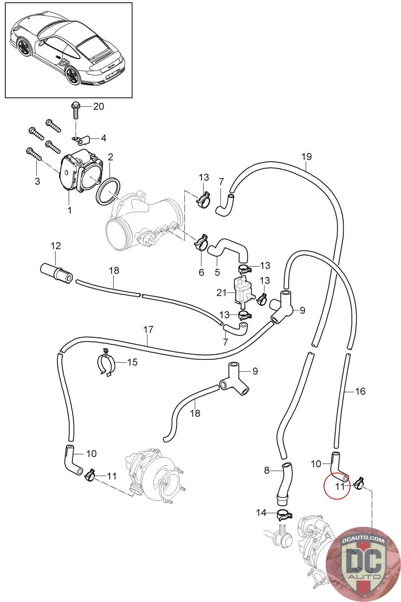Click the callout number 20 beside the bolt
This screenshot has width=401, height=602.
tap(98, 106)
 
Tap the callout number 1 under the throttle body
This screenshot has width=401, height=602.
tap(70, 210)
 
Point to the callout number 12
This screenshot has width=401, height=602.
tap(56, 246)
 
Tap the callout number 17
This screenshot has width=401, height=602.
tap(148, 329)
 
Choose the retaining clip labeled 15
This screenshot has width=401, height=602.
tap(106, 362)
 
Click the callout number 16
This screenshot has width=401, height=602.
tap(360, 391)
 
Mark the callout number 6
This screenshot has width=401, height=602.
tap(201, 272)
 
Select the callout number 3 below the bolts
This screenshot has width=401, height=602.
tap(37, 181)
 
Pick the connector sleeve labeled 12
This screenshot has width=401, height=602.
tap(56, 273)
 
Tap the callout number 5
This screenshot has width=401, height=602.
tap(217, 272)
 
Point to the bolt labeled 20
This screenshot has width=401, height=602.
tap(75, 111)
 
